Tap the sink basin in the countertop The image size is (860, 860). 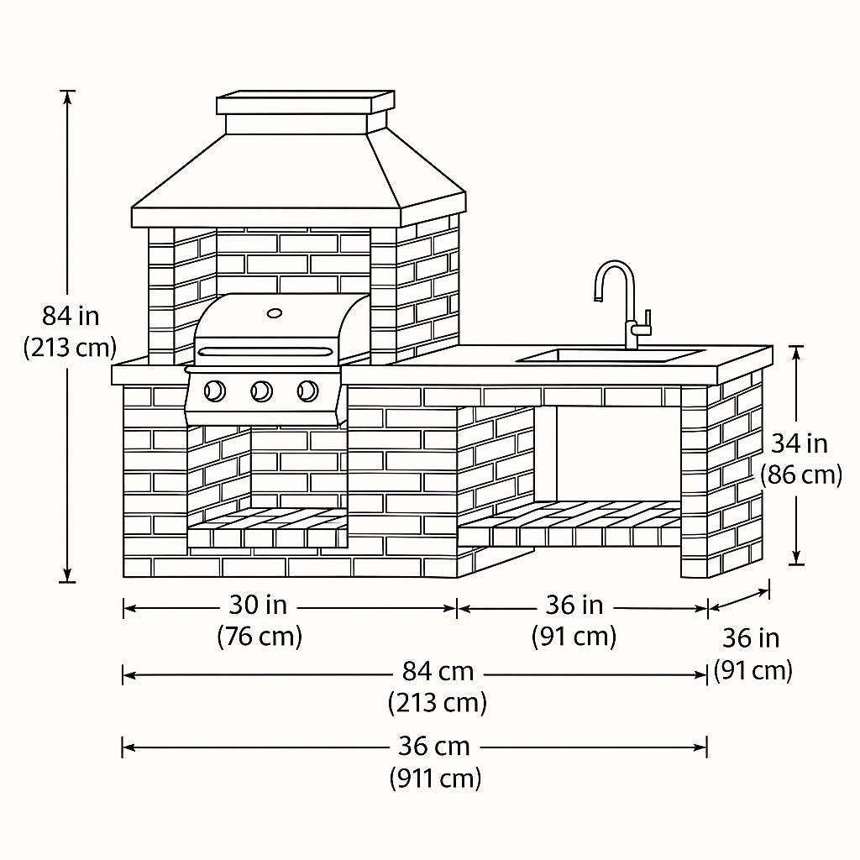611,356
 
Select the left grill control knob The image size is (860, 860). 215,391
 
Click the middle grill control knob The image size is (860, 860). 261,391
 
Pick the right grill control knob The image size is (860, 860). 307,391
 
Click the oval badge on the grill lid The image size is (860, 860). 275,313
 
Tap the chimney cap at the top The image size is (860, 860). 305,102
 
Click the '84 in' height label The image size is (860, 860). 71,317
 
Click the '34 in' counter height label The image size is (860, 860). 799,443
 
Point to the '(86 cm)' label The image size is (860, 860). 801,475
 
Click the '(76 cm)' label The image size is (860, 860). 260,637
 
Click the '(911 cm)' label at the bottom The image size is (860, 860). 435,779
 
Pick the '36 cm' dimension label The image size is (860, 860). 434,746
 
